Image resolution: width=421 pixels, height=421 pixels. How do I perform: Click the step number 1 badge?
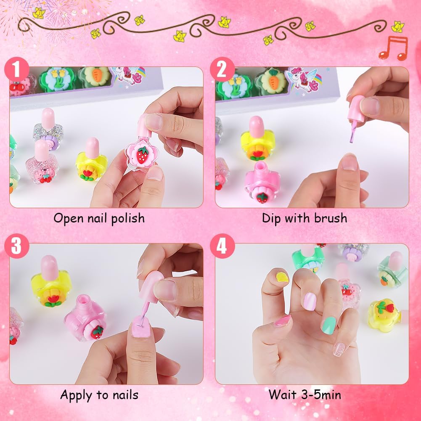click(17, 69)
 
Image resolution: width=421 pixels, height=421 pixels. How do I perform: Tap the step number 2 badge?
click(222, 69)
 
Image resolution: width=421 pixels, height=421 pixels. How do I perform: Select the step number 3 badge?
click(17, 246)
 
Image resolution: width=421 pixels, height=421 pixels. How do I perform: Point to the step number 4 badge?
click(222, 246)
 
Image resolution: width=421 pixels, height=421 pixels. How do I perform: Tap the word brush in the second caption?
click(331, 218)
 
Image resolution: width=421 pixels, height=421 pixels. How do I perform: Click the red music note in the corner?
click(393, 48)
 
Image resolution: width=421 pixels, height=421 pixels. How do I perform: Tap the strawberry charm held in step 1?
click(142, 155)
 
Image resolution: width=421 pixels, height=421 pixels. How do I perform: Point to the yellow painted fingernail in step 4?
click(282, 277)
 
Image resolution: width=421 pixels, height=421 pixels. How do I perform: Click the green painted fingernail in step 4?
click(328, 325)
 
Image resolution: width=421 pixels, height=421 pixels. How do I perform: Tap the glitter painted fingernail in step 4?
click(340, 350)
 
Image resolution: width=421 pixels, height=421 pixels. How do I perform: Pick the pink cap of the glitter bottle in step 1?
click(48, 119)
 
